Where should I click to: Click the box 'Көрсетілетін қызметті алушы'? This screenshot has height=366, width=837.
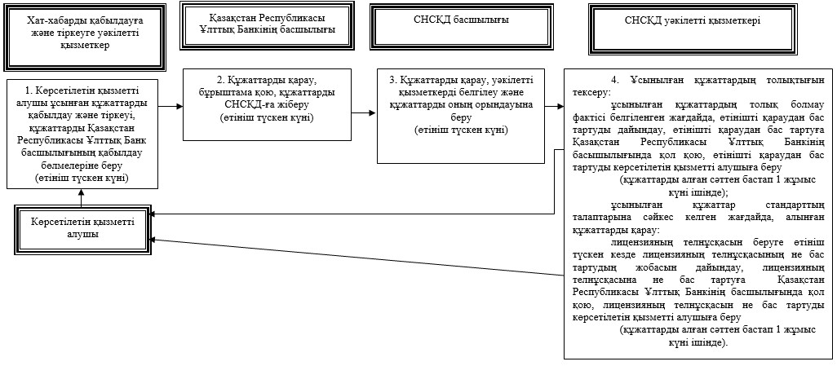(x=82, y=227)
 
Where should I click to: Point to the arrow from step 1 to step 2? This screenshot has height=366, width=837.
(x=170, y=107)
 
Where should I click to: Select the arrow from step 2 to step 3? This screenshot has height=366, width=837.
(x=365, y=113)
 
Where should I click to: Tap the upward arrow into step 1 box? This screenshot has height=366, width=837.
(x=81, y=197)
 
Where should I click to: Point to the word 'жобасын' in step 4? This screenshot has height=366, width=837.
(x=662, y=267)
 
